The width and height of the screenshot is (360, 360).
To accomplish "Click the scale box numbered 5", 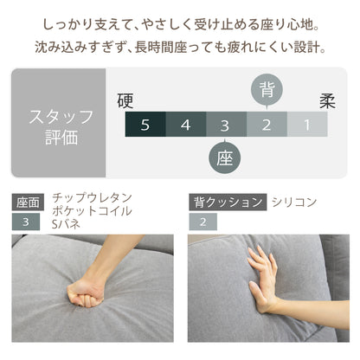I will (x=145, y=125).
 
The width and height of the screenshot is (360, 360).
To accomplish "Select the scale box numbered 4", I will (x=185, y=125).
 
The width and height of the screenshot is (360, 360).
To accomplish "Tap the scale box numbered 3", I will (x=226, y=125).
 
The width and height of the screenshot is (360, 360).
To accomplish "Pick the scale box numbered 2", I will (x=267, y=125).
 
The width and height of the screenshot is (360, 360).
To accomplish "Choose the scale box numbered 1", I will (x=307, y=125).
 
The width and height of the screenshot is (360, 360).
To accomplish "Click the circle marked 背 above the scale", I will (x=267, y=90).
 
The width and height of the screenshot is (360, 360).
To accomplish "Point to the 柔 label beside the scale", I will (x=328, y=100).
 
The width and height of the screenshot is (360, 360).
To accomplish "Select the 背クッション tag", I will (x=227, y=202).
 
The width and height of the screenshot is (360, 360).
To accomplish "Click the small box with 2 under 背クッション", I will (x=202, y=222).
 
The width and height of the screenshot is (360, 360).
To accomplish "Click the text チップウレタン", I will (x=92, y=196).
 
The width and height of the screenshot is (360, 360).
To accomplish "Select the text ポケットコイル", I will (x=92, y=210).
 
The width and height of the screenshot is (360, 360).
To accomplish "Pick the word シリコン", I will (x=294, y=202).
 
